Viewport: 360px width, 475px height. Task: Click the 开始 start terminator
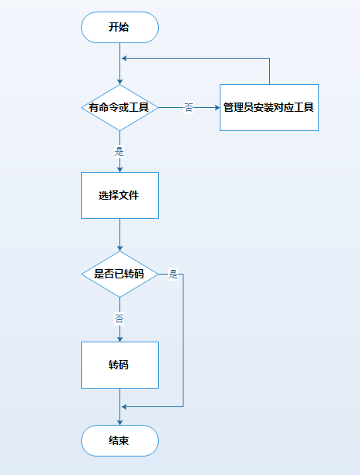point(119,27)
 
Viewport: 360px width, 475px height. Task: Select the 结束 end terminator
point(119,440)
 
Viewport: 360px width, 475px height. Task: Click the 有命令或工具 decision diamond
point(119,108)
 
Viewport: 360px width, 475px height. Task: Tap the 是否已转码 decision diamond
point(119,274)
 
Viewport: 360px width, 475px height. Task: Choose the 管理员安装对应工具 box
point(268,108)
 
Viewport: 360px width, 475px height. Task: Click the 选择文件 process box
point(119,196)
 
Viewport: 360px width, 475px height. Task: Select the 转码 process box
point(119,365)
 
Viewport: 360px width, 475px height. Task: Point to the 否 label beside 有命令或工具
point(188,108)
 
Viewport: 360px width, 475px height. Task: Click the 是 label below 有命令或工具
point(119,151)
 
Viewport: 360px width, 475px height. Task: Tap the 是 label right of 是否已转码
point(173,274)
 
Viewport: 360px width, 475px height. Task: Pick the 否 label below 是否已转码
point(119,318)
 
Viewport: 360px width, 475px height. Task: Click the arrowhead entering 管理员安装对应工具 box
point(216,108)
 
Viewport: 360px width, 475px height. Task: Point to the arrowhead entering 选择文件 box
point(119,169)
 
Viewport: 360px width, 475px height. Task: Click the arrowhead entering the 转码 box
point(119,339)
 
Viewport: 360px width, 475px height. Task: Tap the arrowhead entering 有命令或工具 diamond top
point(119,81)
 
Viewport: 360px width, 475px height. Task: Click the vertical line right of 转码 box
point(183,347)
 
